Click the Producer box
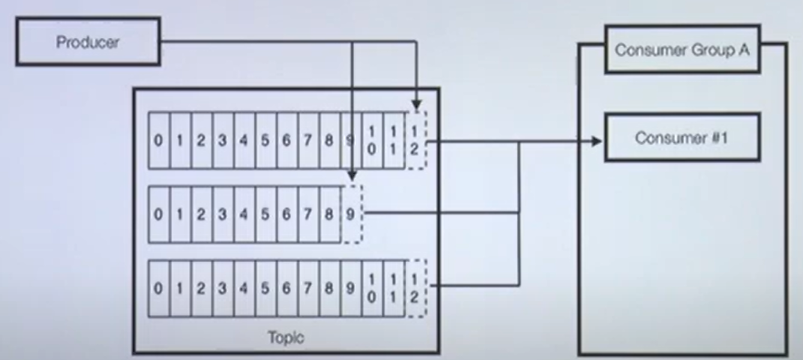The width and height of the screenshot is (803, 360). pos(88,42)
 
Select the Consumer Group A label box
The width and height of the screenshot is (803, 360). pos(682,49)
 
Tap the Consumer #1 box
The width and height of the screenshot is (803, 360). pos(682,137)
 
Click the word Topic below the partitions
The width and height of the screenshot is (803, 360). pos(286,337)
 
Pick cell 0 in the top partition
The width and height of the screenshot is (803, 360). pos(158,141)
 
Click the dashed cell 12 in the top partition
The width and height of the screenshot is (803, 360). pos(415,141)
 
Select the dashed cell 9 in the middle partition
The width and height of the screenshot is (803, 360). pos(351,214)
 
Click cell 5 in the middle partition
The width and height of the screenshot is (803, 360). pos(265,214)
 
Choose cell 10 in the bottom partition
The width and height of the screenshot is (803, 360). pos(372,288)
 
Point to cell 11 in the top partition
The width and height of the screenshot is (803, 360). pos(394,141)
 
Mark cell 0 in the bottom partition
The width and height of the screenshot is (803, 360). pos(158,288)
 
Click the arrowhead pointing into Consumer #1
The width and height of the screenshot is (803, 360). pos(597,141)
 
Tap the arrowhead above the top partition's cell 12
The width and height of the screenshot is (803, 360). pos(416,106)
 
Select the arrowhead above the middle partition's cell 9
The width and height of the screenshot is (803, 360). pos(352,176)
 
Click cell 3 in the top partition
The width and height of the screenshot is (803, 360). pos(223,141)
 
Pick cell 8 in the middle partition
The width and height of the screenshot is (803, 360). pos(329,214)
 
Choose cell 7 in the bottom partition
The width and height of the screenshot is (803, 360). pos(308,288)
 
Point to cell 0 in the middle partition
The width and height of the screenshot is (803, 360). pos(158,214)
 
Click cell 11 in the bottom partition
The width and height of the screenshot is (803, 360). pos(394,288)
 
